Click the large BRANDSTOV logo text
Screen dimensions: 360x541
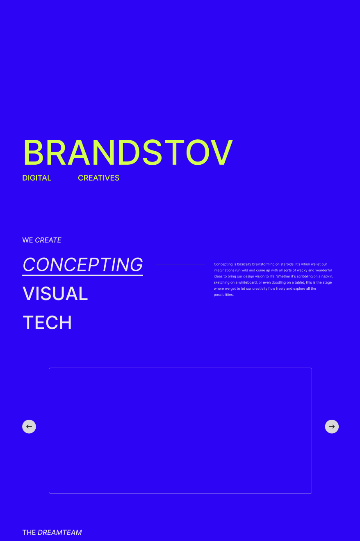point(128,152)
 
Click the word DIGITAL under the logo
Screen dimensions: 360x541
point(37,178)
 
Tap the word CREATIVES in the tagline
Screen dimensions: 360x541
point(98,178)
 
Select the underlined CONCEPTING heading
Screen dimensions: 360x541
point(83,265)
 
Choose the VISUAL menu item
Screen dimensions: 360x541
point(55,293)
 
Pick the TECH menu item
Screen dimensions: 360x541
point(47,323)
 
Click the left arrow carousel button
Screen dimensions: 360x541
point(29,427)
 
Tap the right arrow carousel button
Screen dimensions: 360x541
point(332,427)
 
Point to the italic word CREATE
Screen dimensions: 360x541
point(48,240)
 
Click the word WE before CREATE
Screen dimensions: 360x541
point(27,240)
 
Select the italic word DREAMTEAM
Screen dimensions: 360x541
point(60,532)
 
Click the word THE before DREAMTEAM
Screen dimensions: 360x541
point(29,532)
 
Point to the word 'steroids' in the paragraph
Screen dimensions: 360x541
point(287,264)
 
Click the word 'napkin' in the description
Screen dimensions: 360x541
point(327,276)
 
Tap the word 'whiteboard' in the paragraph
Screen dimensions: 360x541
point(247,282)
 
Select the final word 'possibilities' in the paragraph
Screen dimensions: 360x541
point(223,295)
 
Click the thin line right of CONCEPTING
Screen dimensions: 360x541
point(180,264)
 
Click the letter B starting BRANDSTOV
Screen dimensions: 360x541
point(33,152)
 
